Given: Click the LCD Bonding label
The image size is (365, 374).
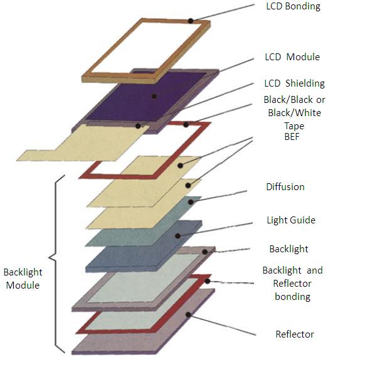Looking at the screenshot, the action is [293, 6].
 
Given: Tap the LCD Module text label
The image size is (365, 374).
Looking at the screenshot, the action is [292, 57].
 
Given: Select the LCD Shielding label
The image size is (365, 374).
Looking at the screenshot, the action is [294, 83].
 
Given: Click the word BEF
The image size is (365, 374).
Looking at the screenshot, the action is [292, 137].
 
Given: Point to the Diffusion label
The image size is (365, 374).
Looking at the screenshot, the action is [285, 187].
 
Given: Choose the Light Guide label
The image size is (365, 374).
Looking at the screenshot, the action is [291, 220].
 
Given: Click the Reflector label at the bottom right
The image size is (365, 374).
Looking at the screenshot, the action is [295, 334].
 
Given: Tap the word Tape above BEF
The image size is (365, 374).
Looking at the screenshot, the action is [294, 126].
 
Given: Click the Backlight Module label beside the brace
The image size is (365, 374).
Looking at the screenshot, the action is [23, 279].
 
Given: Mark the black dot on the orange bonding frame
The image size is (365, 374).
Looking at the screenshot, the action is [191, 21].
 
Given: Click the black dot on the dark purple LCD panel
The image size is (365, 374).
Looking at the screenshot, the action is [154, 97].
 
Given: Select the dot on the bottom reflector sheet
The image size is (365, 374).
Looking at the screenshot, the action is [188, 315].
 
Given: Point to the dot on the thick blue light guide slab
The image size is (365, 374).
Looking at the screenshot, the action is [177, 236].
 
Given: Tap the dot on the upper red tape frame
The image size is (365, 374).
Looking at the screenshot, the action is [186, 124].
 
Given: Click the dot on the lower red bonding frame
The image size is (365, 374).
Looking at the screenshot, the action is [208, 281].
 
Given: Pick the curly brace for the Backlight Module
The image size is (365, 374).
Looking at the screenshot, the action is [56, 264].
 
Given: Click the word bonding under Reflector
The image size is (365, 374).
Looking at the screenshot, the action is [292, 297].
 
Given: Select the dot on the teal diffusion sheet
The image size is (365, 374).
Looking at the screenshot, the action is [191, 202].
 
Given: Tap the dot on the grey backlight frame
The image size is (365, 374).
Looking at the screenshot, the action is [205, 252].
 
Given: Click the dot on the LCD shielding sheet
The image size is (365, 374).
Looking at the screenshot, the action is [138, 126].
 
